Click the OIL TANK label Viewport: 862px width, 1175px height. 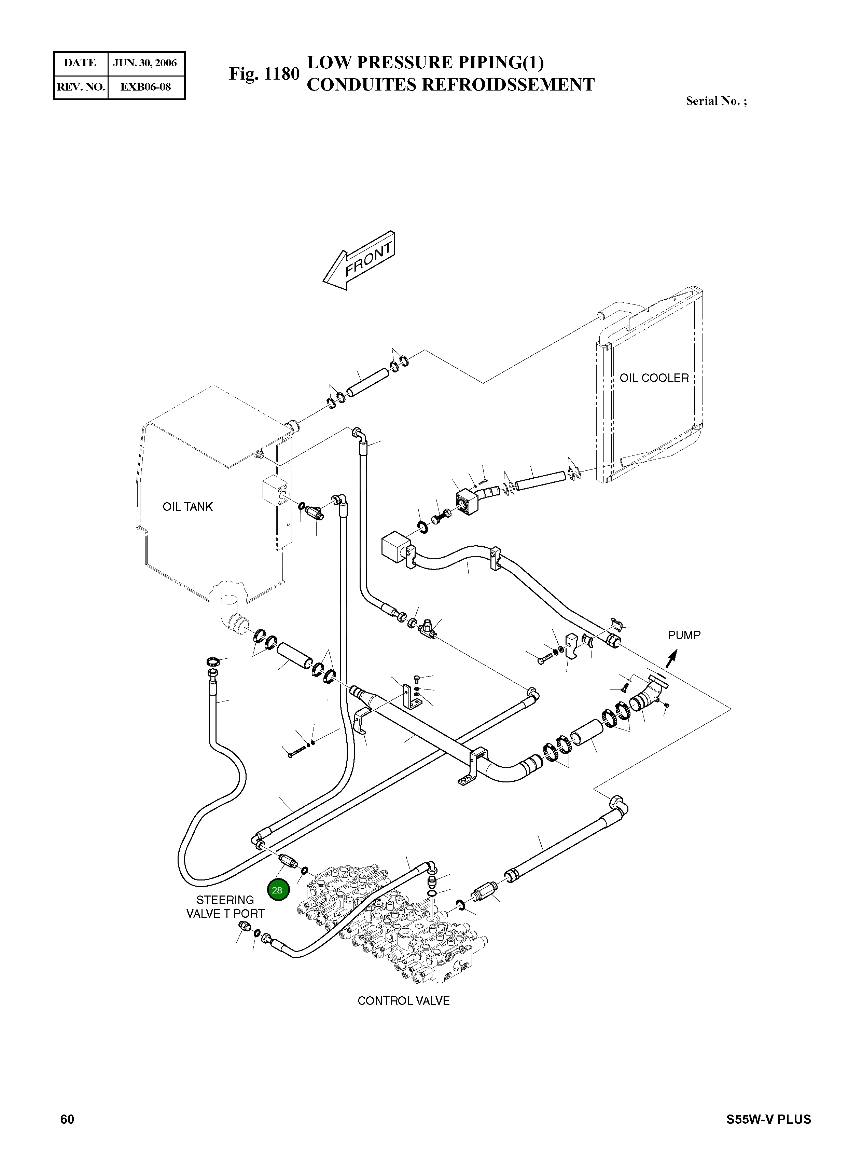tap(188, 507)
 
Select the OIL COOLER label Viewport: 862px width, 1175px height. tap(654, 378)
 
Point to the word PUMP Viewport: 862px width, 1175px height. tap(684, 635)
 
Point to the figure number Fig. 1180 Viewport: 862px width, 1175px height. tap(264, 74)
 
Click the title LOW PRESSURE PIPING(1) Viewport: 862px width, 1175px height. tap(425, 63)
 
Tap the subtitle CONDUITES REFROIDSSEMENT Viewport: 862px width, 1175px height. tap(450, 84)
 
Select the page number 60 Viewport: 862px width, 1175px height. tap(67, 1134)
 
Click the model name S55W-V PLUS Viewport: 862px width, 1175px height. tap(769, 1134)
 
